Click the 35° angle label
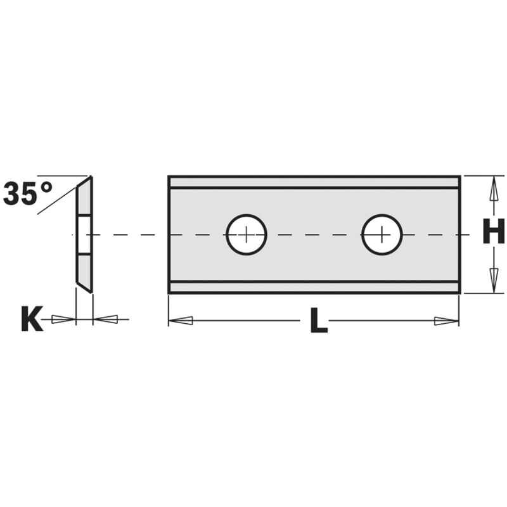28,193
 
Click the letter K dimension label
32,319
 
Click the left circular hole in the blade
247,234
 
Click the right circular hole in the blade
382,234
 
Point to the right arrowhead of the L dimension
446,321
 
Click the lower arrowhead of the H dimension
493,279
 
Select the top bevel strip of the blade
314,183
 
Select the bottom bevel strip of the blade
314,287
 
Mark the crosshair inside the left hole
247,234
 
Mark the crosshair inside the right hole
382,234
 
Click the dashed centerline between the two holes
314,234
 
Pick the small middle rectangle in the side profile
84,234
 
